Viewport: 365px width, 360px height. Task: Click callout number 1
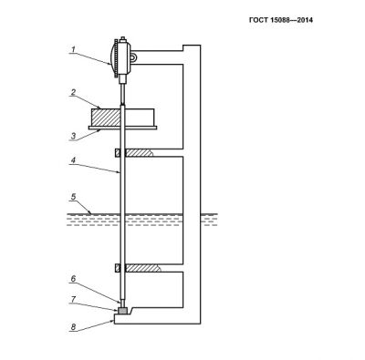(73, 49)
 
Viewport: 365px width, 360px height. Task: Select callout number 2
(73, 93)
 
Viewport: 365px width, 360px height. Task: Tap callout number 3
(73, 136)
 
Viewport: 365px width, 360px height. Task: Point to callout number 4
(73, 160)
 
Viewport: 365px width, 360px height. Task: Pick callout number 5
(73, 197)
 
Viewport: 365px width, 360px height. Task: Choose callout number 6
(73, 279)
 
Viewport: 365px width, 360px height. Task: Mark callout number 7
(73, 299)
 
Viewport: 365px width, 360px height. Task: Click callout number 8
(73, 327)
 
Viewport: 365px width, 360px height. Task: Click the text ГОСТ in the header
(258, 20)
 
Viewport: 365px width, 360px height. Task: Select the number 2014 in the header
(305, 20)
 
